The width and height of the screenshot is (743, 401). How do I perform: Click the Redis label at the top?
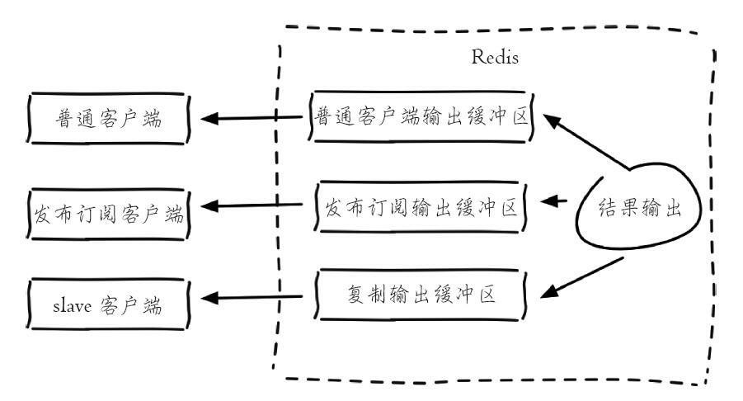click(495, 59)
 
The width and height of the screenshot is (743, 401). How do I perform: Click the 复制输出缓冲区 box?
click(421, 295)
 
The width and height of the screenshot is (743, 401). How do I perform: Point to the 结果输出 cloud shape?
click(640, 209)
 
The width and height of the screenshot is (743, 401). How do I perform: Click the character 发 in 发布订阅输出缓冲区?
click(333, 205)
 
